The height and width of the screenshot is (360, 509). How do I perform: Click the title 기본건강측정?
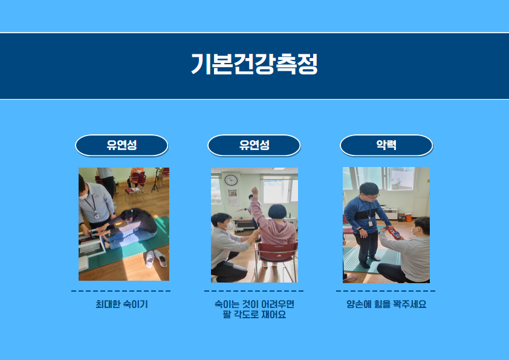point(254,64)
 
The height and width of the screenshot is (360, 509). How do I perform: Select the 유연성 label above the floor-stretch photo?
point(122,145)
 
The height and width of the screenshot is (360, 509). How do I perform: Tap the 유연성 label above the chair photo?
point(254,145)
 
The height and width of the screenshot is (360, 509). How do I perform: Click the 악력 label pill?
point(386,145)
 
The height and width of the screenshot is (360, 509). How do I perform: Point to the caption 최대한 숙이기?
point(122,304)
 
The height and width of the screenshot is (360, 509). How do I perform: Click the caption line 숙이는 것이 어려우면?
point(254,304)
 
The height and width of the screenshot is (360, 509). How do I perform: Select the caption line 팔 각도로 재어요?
point(254,315)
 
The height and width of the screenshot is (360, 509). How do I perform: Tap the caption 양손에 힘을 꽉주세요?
point(386,304)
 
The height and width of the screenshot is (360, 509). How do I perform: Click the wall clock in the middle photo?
point(231,180)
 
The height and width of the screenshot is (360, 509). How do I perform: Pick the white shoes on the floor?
point(156,258)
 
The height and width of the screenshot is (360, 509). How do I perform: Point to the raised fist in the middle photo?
point(255,192)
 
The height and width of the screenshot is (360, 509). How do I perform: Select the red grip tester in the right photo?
point(394,233)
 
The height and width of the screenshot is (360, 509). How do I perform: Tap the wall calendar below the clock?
point(232,197)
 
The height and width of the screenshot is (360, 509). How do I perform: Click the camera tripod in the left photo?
point(156,180)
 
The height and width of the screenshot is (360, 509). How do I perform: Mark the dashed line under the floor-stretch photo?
point(121,291)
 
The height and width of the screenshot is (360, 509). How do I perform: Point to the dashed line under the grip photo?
point(386,291)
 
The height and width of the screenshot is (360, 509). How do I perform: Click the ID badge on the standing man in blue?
point(371,223)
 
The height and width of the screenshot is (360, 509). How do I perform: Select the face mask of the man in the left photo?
point(84,196)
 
